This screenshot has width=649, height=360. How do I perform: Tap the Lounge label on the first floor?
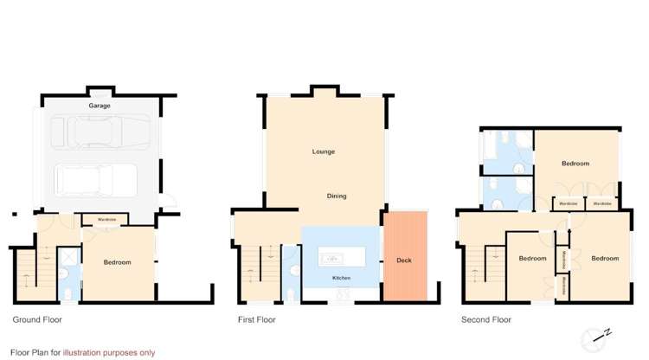324,152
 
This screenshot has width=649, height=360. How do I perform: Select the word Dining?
337,196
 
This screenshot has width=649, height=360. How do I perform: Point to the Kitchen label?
342,278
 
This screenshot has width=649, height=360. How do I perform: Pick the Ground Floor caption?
37,319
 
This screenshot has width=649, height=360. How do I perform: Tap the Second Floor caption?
486,319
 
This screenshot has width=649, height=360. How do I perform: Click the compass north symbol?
600,336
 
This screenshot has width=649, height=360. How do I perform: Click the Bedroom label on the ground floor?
118,262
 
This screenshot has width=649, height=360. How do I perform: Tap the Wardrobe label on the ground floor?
108,218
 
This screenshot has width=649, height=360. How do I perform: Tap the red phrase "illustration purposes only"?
109,352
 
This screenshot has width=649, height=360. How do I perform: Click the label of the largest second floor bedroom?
575,164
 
